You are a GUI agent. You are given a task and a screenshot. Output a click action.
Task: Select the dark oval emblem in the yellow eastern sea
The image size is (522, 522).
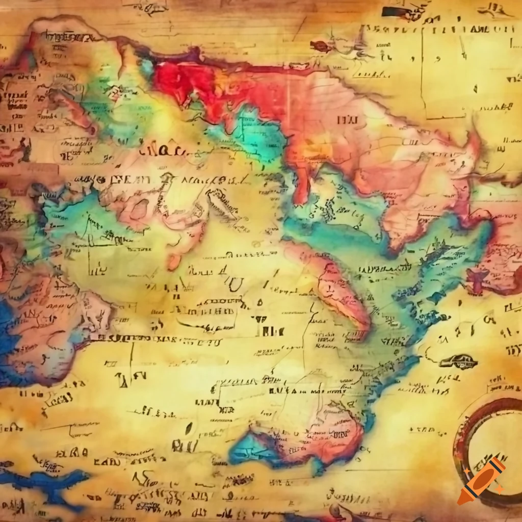[458, 361]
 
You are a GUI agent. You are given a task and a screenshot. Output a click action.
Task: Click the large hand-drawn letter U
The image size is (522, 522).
[235, 283]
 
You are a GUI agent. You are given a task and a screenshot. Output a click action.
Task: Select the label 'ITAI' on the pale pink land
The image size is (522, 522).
[347, 120]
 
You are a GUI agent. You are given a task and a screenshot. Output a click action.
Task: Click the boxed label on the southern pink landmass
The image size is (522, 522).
[338, 435]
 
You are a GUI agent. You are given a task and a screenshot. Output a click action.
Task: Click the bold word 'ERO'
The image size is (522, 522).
[71, 452]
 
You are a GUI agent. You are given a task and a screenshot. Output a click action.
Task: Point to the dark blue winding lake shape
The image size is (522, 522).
[46, 482]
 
